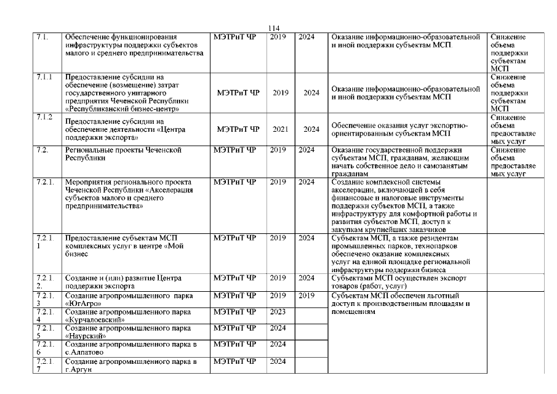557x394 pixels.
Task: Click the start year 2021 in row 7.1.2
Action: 281,129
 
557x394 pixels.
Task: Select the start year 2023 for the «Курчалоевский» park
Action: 278,312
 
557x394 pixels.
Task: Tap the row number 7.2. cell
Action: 42,150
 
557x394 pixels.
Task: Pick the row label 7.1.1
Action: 44,77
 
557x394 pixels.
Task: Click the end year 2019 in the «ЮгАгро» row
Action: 306,295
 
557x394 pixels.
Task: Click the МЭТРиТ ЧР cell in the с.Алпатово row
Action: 234,344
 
